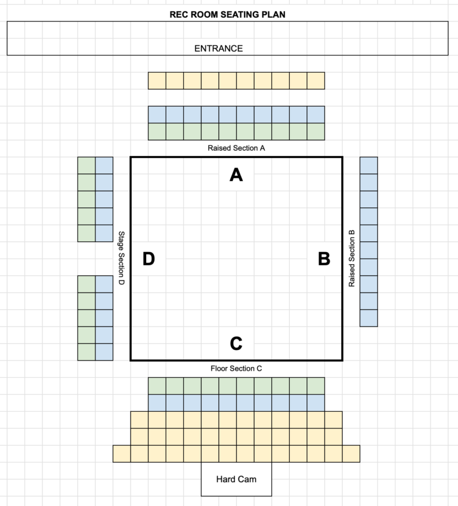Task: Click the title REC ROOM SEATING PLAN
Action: click(227, 14)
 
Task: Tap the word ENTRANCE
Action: click(218, 48)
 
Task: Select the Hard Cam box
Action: click(236, 479)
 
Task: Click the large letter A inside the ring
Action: click(236, 175)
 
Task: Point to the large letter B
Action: click(324, 259)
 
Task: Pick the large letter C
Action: click(236, 343)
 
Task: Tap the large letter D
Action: click(148, 259)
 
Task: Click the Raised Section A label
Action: click(236, 148)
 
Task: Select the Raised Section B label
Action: click(352, 259)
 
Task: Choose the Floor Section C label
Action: click(236, 368)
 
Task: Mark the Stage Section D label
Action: click(122, 258)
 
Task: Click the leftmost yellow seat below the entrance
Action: click(157, 80)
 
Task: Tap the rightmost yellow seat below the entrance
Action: click(316, 80)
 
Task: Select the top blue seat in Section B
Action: click(369, 166)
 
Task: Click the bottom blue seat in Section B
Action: click(369, 318)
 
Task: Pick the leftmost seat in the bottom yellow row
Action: click(122, 454)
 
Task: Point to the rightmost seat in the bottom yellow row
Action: click(351, 454)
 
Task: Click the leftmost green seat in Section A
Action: click(157, 132)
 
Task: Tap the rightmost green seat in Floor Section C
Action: click(316, 386)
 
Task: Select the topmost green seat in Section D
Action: click(86, 166)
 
